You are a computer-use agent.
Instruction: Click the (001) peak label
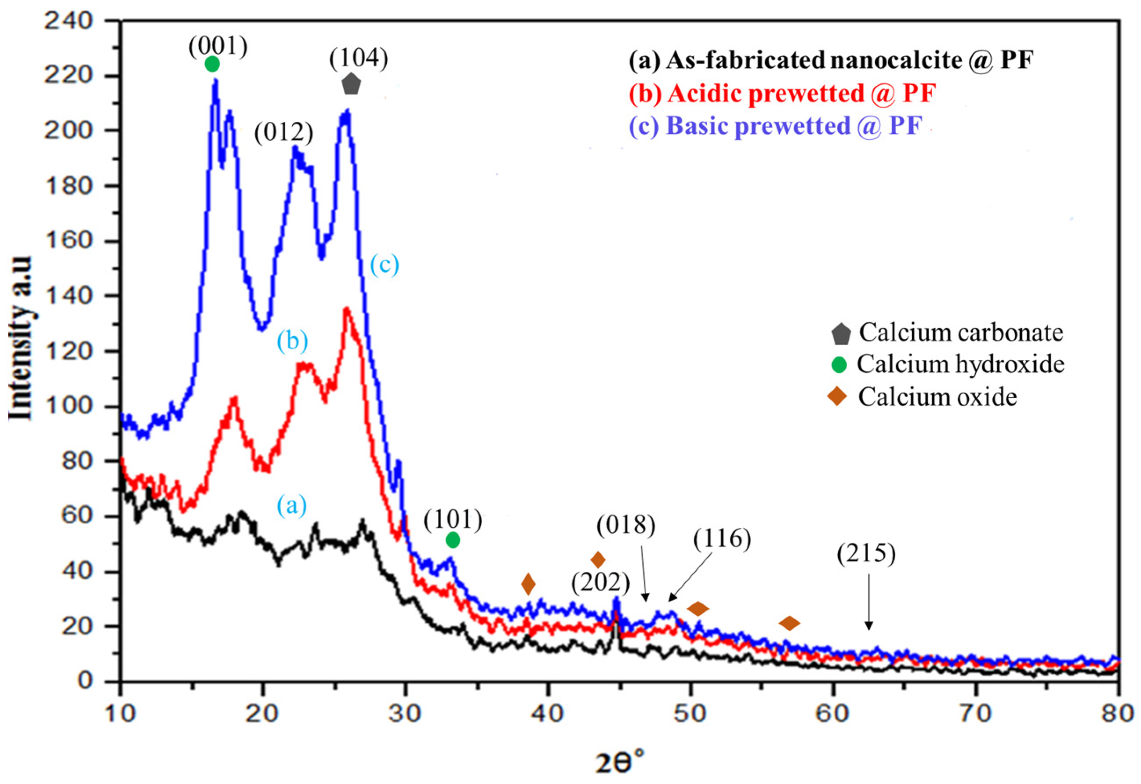pyautogui.click(x=218, y=47)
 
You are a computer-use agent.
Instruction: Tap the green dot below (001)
pyautogui.click(x=212, y=64)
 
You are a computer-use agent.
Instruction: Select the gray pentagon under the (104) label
pyautogui.click(x=351, y=84)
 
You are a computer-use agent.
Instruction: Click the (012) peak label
pyautogui.click(x=283, y=133)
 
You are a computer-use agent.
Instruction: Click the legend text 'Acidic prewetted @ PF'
pyautogui.click(x=782, y=93)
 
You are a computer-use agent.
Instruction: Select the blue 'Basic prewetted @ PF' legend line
pyautogui.click(x=776, y=125)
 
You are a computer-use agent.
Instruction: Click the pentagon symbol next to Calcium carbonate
pyautogui.click(x=840, y=334)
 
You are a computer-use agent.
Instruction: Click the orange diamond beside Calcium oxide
pyautogui.click(x=837, y=396)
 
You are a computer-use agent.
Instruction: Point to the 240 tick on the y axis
pyautogui.click(x=68, y=21)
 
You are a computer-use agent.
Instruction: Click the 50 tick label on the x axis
pyautogui.click(x=690, y=713)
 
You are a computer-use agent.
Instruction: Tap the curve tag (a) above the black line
pyautogui.click(x=292, y=505)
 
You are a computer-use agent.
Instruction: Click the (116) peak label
pyautogui.click(x=722, y=539)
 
